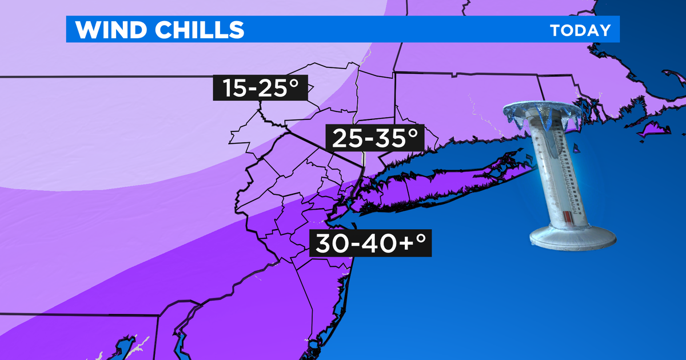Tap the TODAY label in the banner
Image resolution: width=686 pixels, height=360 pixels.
click(580, 30)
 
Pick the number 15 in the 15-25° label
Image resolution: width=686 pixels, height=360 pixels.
click(233, 88)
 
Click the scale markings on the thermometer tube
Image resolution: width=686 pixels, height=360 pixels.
click(557, 171)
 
